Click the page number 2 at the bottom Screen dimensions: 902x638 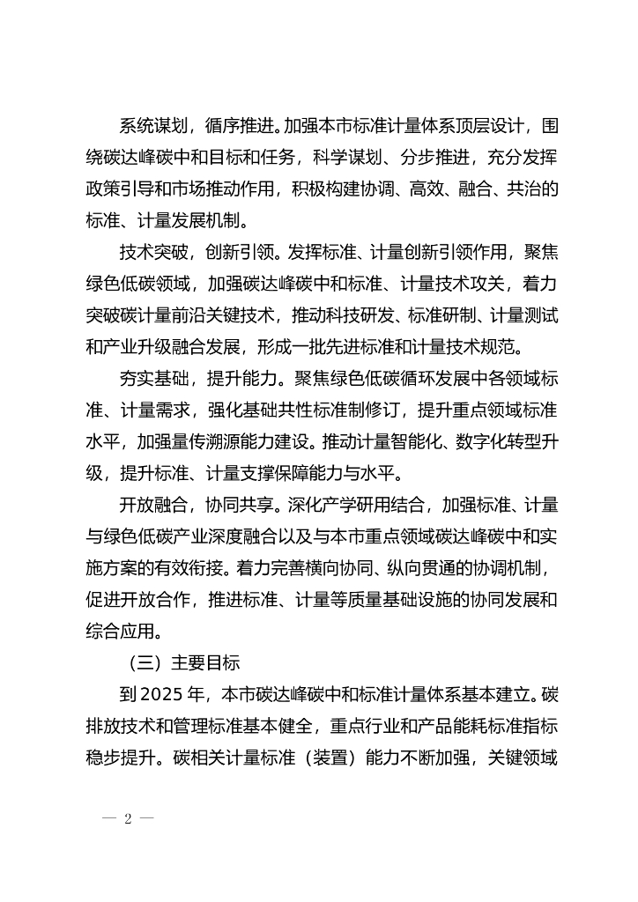[x=128, y=818]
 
